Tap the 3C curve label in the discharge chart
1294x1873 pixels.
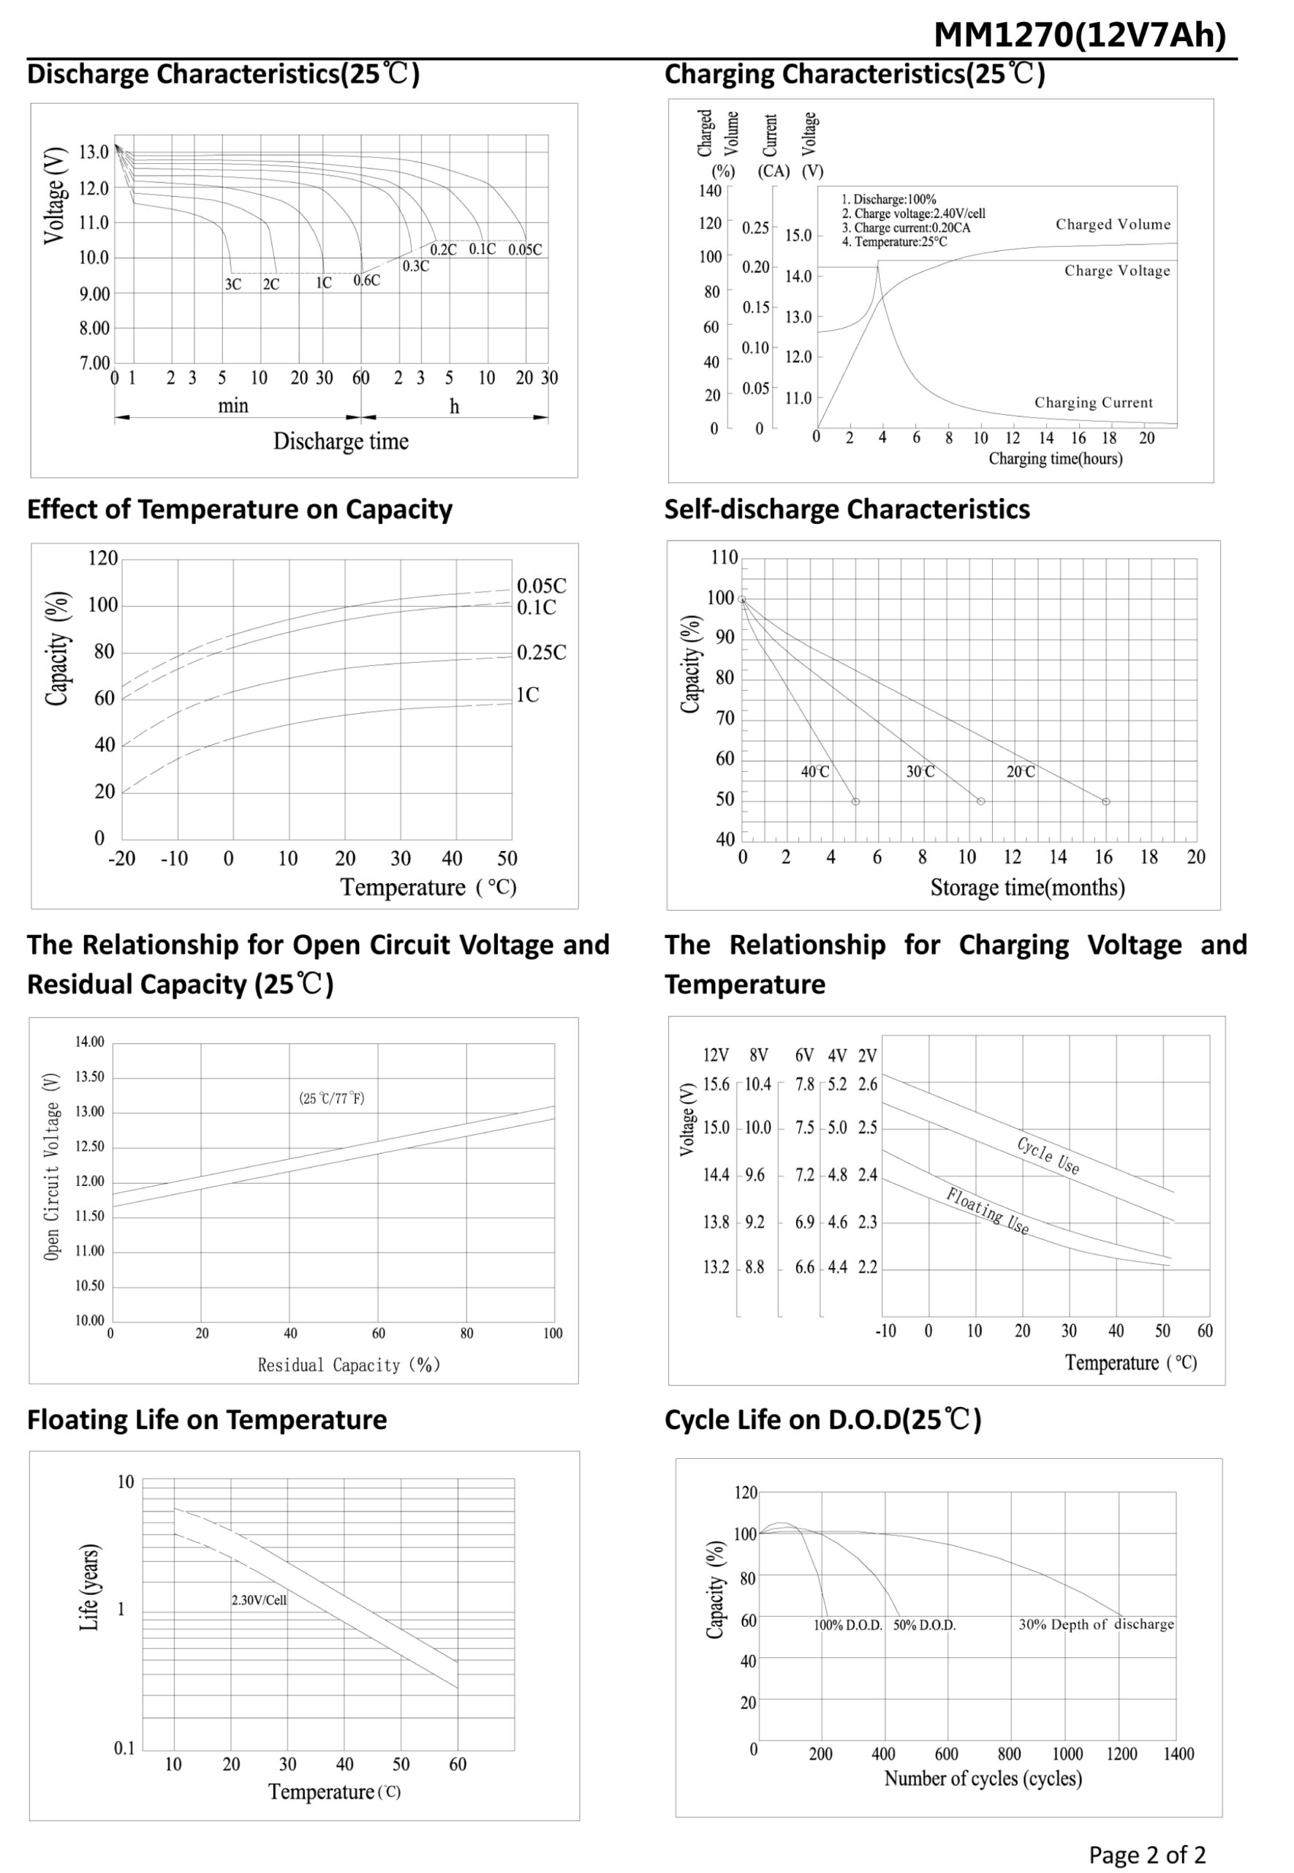tap(232, 285)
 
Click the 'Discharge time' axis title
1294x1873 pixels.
tap(341, 441)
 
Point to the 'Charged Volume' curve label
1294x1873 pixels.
tap(1113, 225)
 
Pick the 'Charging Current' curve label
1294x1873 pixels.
tap(1093, 402)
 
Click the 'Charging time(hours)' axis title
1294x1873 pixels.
tap(1055, 459)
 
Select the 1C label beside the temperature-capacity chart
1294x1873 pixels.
tap(527, 695)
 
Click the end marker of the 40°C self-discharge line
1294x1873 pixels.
tap(855, 801)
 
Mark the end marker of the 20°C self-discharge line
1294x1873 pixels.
tap(1106, 801)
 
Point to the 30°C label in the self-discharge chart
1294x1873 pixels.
tap(920, 772)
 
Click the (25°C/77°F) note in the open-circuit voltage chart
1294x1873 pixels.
tap(332, 1098)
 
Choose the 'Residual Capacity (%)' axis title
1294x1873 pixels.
tap(349, 1365)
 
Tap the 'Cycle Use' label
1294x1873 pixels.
tap(1048, 1155)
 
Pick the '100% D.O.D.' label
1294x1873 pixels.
tap(847, 1626)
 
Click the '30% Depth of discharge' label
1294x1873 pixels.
tap(1096, 1624)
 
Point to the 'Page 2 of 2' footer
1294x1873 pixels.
tap(1146, 1854)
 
